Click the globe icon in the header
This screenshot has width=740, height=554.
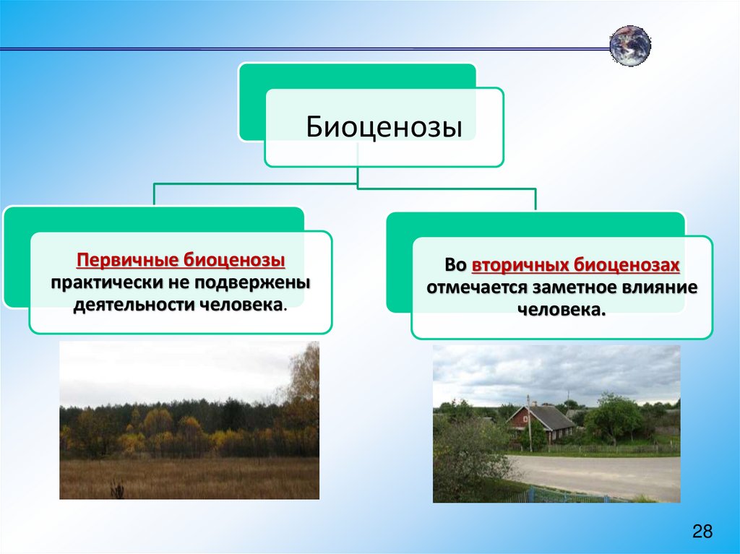[x=630, y=46]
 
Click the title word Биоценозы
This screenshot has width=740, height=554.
[x=384, y=126]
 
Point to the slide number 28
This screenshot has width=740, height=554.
[x=702, y=532]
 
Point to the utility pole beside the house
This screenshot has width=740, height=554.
[x=529, y=424]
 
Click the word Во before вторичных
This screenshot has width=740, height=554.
[x=455, y=265]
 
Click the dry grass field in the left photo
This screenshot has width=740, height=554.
[x=189, y=477]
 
